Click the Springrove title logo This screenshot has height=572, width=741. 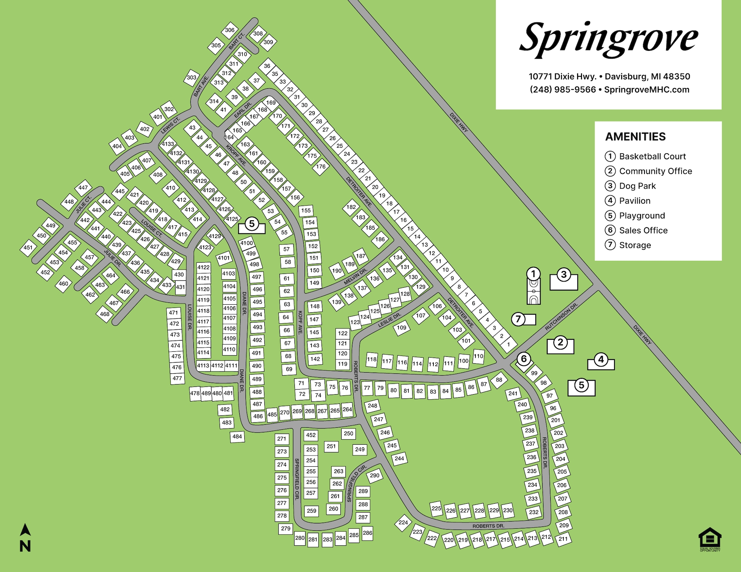coord(609,39)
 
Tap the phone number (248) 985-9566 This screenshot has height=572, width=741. coord(563,89)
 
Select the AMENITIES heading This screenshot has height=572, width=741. coord(635,137)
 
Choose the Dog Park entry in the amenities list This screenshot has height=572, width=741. coord(637,186)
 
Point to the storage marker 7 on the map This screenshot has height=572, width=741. coord(519,319)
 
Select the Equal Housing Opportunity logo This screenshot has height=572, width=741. coord(710,539)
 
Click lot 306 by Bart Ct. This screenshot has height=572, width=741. coord(230,30)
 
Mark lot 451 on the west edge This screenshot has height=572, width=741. coord(28,248)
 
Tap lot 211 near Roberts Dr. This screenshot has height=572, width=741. coord(563,539)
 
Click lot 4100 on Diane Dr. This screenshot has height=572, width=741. coord(247,243)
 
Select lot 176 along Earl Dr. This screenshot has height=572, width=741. coord(321,167)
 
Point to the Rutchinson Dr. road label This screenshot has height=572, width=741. coord(561,317)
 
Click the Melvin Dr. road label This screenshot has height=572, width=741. coord(355,277)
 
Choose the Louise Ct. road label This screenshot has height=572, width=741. coord(151,228)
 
